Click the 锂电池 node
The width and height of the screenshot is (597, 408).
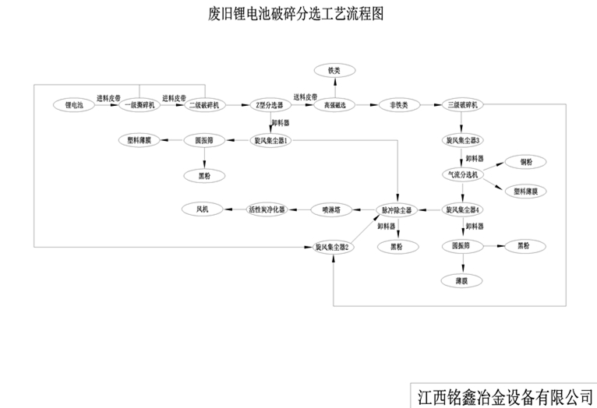click(75, 104)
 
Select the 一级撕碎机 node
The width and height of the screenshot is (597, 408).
click(140, 104)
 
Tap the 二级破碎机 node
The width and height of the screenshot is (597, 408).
click(204, 104)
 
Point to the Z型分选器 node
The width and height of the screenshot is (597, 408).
click(269, 104)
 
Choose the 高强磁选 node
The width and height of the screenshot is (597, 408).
click(334, 104)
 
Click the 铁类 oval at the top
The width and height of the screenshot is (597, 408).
click(334, 71)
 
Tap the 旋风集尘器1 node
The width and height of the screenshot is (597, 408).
click(271, 140)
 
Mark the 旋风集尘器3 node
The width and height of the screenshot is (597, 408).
click(463, 140)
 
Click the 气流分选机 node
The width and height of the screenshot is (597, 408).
click(463, 174)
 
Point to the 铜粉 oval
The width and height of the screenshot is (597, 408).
click(526, 162)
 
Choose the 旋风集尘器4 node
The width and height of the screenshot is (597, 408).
click(463, 209)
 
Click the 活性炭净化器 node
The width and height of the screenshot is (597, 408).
click(267, 209)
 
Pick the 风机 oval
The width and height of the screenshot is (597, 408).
click(203, 209)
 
